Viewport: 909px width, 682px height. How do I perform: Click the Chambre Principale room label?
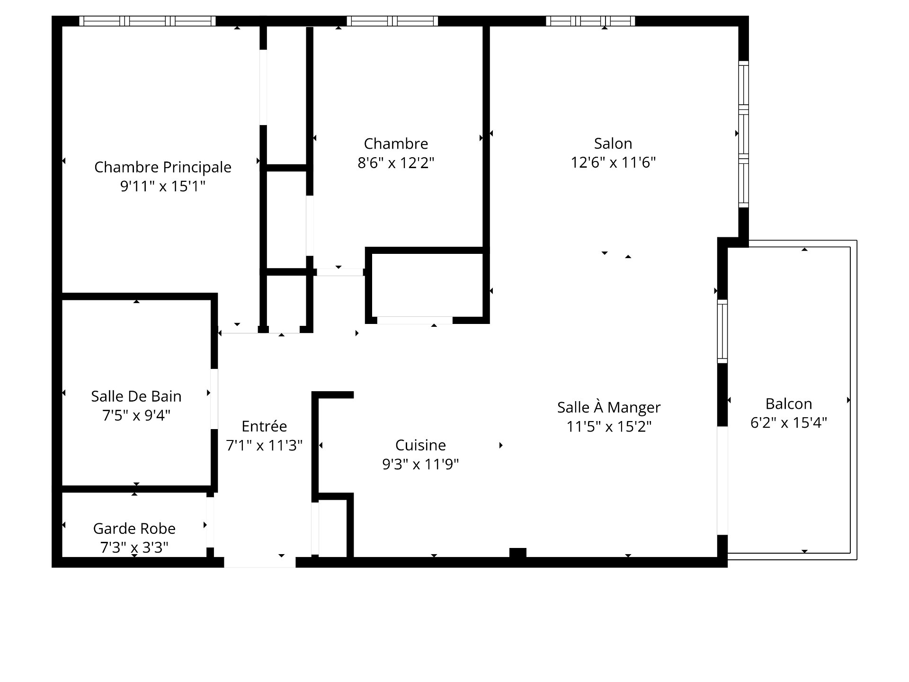pyautogui.click(x=163, y=167)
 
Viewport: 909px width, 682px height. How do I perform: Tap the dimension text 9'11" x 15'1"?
pyautogui.click(x=163, y=186)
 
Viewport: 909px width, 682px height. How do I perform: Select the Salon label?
pyautogui.click(x=613, y=144)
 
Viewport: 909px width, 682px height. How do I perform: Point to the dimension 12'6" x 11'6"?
pyautogui.click(x=613, y=162)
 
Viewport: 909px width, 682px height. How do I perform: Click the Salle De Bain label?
pyautogui.click(x=136, y=396)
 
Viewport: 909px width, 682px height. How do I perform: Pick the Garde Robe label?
pyautogui.click(x=134, y=528)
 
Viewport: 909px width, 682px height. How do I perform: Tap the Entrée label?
pyautogui.click(x=264, y=426)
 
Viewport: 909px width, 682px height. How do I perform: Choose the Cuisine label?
pyautogui.click(x=420, y=445)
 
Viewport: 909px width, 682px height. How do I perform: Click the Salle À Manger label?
pyautogui.click(x=609, y=407)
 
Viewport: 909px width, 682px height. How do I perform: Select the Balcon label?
pyautogui.click(x=789, y=404)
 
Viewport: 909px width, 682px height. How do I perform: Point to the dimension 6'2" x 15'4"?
pyautogui.click(x=789, y=422)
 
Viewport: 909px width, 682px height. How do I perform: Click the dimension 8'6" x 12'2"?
pyautogui.click(x=396, y=162)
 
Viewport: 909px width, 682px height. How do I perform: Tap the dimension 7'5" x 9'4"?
pyautogui.click(x=136, y=415)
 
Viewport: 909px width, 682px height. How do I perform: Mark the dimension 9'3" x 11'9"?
pyautogui.click(x=420, y=464)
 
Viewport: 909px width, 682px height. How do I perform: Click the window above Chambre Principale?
pyautogui.click(x=147, y=21)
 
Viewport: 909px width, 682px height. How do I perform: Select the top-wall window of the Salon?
pyautogui.click(x=590, y=21)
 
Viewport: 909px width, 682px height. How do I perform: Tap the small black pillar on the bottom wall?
pyautogui.click(x=518, y=553)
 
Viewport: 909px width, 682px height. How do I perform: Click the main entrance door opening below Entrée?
pyautogui.click(x=260, y=562)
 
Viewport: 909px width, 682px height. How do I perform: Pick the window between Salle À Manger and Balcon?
pyautogui.click(x=722, y=331)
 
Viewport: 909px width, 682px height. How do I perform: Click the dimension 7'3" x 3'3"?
pyautogui.click(x=134, y=547)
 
